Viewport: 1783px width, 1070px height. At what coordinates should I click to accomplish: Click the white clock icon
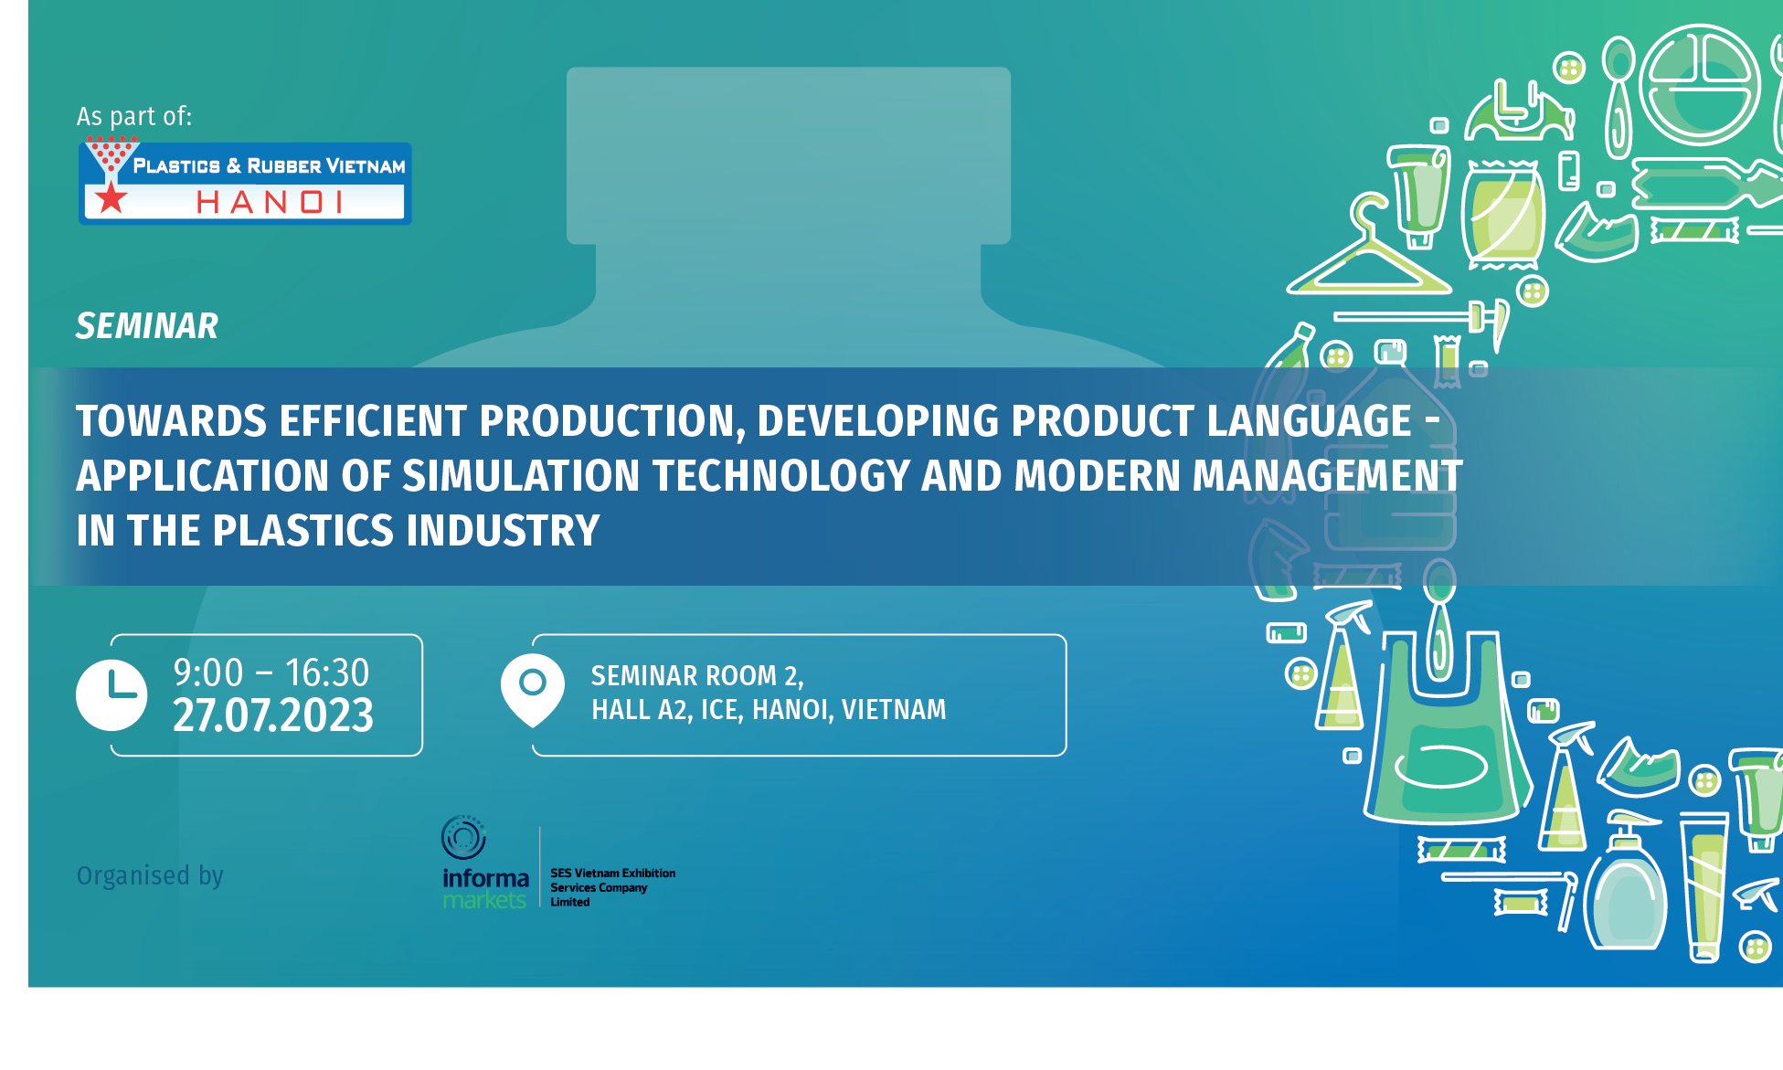[111, 695]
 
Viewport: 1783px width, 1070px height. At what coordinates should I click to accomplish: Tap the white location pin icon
[533, 690]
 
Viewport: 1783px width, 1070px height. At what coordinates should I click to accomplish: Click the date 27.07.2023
[273, 715]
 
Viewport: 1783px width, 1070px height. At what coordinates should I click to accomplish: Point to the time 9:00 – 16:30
[271, 673]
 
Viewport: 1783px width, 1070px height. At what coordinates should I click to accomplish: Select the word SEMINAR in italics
[147, 326]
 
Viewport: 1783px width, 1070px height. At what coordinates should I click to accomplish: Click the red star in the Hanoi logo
[111, 197]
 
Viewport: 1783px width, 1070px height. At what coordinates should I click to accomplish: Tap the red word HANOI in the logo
[270, 202]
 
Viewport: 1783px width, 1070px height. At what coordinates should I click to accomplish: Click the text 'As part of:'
[134, 116]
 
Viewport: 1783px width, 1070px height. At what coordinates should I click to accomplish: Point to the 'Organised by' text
[150, 876]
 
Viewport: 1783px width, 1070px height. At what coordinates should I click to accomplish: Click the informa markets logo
[484, 863]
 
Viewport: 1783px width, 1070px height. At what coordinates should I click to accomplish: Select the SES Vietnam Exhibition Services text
[612, 887]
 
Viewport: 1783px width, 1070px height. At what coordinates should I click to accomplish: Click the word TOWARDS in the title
[171, 421]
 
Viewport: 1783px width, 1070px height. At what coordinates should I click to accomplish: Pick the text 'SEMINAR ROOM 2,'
[697, 676]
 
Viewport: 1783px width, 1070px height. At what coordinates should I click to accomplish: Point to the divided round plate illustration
[1700, 84]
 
